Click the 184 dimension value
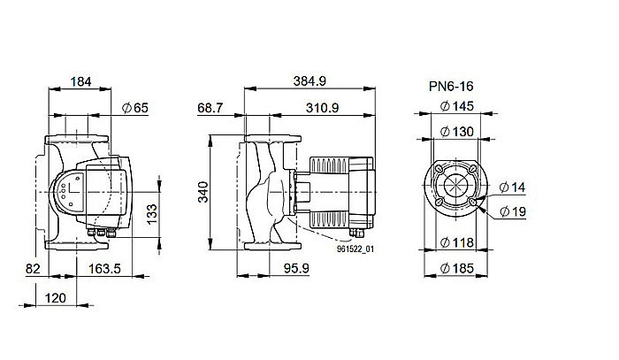coord(81,81)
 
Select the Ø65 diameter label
coord(134,107)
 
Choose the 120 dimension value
coord(56,299)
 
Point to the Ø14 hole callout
coord(513,188)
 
